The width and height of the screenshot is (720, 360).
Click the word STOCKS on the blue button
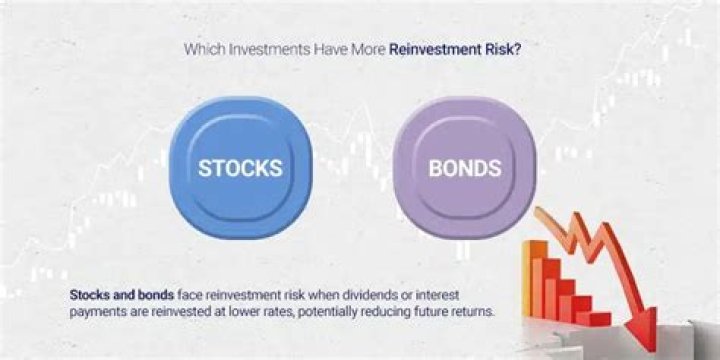239,167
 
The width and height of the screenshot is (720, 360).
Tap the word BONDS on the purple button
464,167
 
